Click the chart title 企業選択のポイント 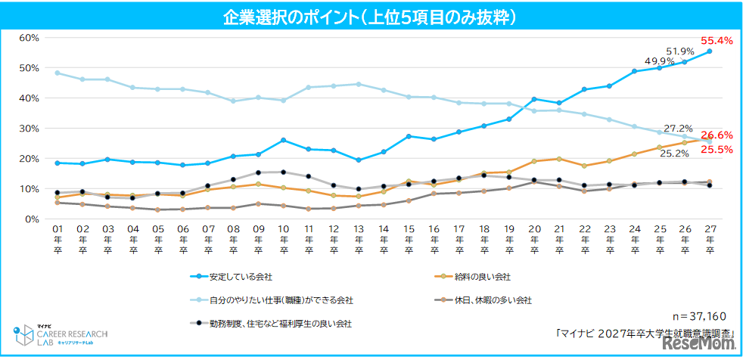tap(372, 16)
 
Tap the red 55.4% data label tap(716, 40)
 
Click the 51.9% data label tap(679, 51)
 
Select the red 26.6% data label tap(716, 135)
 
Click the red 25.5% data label tap(716, 150)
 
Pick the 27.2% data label tap(678, 129)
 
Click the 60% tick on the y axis tap(29, 38)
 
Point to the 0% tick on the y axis tap(32, 219)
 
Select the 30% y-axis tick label tap(29, 129)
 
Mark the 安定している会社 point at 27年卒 tap(710, 51)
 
